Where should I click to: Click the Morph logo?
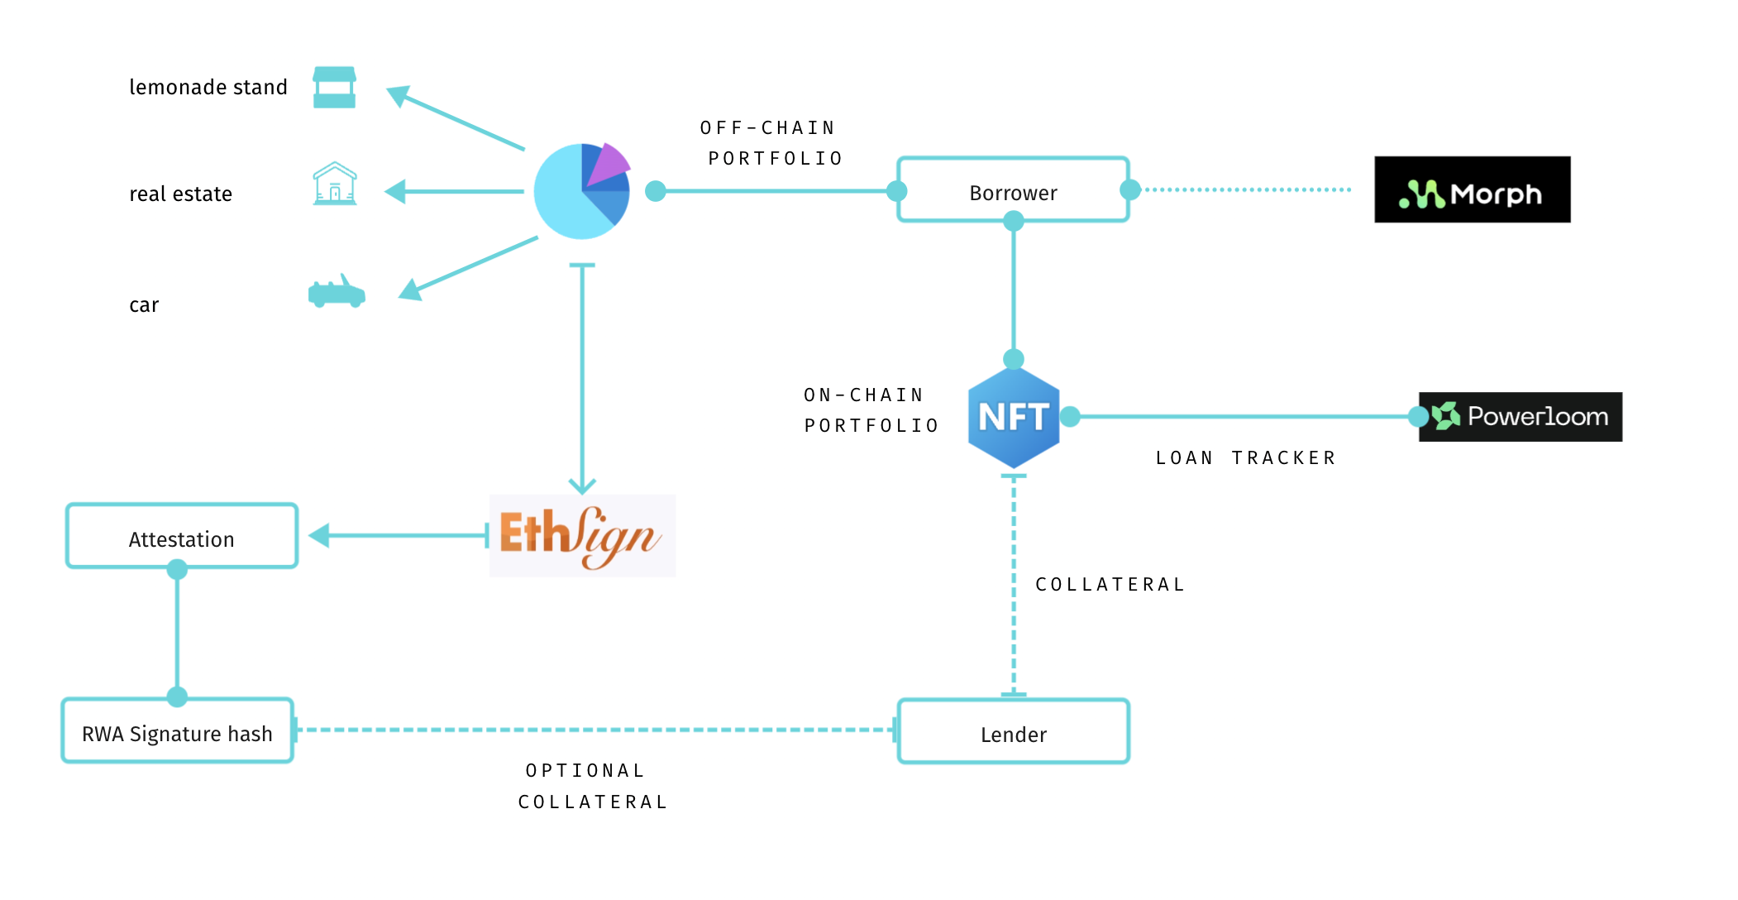point(1472,190)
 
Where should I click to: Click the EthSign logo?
point(582,536)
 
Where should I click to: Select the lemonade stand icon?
point(334,88)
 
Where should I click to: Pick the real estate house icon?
point(335,184)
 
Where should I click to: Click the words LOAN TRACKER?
point(1245,458)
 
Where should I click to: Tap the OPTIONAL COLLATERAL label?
point(591,786)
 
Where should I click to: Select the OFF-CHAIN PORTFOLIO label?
point(771,143)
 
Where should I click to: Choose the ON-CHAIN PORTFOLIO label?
point(870,410)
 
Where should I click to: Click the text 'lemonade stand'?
point(208,87)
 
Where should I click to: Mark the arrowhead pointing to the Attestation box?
point(319,536)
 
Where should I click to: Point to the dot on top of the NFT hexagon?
point(1014,359)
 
